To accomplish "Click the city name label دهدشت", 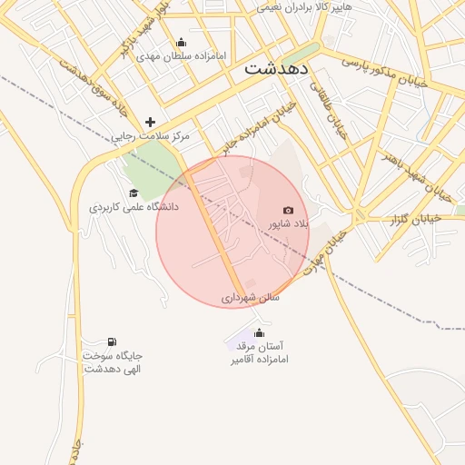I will coord(277,68).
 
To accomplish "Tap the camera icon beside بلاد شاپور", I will coord(289,211).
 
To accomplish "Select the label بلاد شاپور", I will coord(289,223).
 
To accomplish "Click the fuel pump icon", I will coord(112,341).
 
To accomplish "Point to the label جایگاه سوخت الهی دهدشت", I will coord(114,362).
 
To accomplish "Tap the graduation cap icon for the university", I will coord(134,193).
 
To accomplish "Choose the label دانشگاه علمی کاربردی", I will coord(134,207).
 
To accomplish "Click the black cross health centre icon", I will coord(150,122).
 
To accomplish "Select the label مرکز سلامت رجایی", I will coord(151,136).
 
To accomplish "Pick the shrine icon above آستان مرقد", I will coord(259,332).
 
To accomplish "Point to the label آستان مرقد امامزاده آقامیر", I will coord(259,352).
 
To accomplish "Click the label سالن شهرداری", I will coord(251,297).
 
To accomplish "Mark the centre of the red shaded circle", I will coord(232,232).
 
